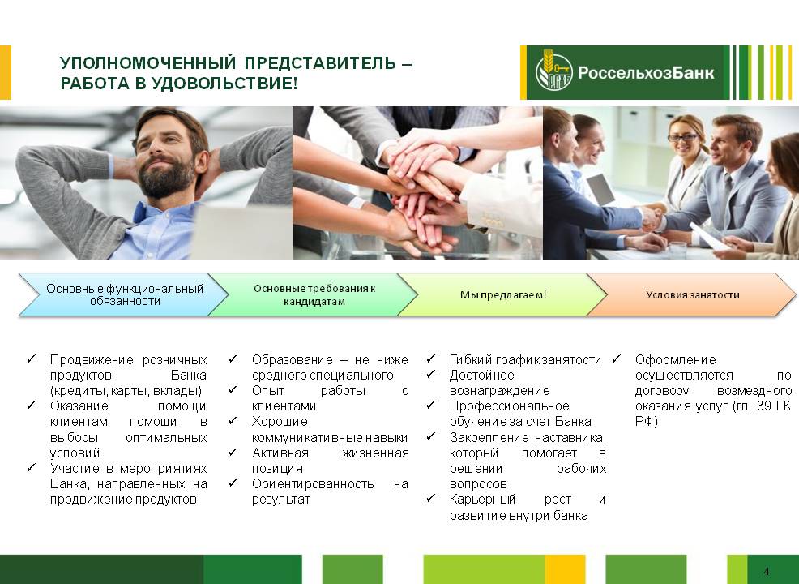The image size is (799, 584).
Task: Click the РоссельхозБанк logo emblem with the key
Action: (554, 72)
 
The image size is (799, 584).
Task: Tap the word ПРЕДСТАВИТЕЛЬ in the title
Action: (320, 62)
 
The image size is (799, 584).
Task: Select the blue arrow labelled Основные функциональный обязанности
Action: (123, 294)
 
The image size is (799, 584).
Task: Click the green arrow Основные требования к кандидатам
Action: (314, 294)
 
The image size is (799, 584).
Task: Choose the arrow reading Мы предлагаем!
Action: (503, 294)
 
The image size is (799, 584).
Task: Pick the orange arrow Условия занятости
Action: (692, 294)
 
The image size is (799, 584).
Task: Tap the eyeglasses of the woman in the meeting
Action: (683, 138)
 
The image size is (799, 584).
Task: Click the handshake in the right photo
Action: (652, 218)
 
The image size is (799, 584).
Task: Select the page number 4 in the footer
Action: (767, 571)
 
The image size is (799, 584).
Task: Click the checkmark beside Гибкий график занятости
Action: (431, 359)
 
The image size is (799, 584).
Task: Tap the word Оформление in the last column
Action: (675, 359)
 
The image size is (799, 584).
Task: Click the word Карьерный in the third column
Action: (482, 500)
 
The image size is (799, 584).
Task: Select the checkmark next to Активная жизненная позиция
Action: (233, 452)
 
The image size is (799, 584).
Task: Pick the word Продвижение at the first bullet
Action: (92, 359)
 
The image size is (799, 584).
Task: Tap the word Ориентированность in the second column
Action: (312, 484)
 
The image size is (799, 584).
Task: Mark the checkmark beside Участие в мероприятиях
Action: (32, 467)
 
